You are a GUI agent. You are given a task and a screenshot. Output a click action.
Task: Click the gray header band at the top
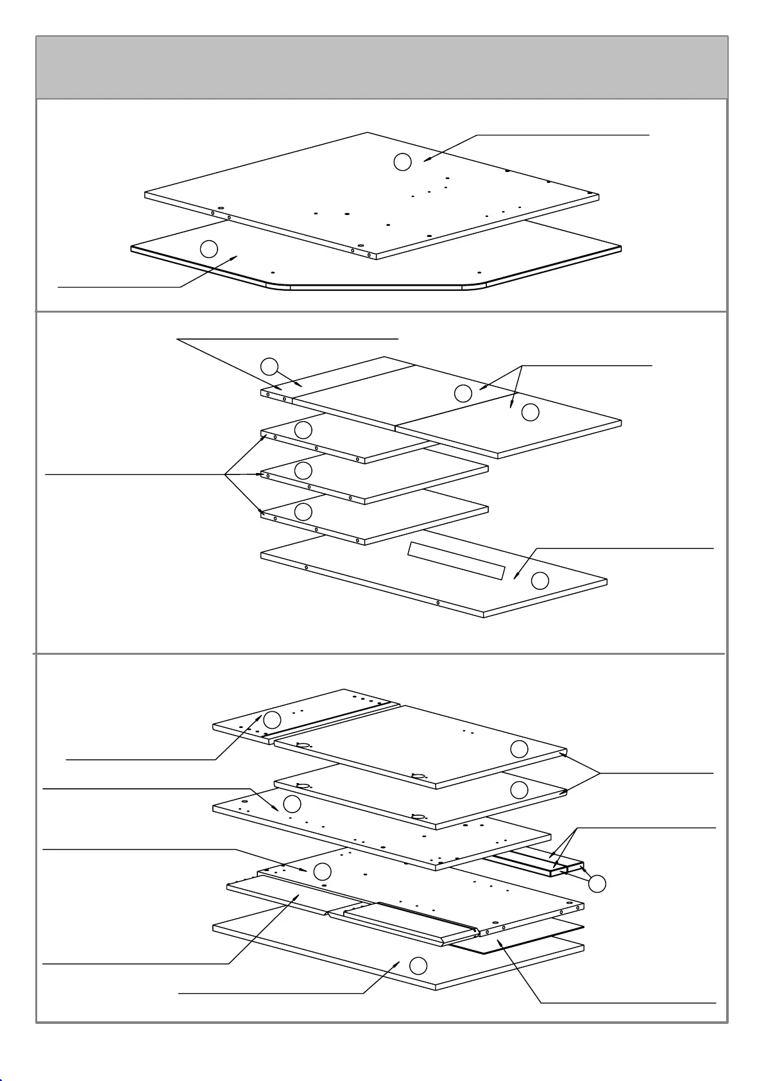pos(382,67)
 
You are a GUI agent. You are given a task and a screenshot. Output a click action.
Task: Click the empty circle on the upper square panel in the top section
pos(402,162)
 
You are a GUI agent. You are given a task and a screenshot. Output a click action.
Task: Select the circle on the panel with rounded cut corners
pos(209,248)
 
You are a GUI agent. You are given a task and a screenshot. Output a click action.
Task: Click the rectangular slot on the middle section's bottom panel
pos(456,560)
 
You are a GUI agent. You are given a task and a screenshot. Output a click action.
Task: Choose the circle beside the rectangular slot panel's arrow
pos(540,581)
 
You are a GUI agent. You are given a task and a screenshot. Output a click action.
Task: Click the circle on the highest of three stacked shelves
pos(303,429)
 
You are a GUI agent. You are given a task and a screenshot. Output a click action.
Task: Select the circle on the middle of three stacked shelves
pos(303,471)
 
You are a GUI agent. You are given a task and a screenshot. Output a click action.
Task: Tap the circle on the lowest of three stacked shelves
pos(303,512)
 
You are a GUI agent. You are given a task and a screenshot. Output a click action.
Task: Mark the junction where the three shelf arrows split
pos(225,475)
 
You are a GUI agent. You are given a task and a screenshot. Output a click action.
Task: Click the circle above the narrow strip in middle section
pos(269,367)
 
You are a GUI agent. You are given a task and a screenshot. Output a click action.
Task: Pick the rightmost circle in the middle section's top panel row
pos(531,412)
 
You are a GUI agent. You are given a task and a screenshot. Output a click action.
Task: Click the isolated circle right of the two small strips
pos(597,883)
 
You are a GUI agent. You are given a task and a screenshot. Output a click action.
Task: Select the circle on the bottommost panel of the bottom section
pos(418,965)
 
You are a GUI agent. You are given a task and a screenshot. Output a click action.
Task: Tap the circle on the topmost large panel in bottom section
pos(519,748)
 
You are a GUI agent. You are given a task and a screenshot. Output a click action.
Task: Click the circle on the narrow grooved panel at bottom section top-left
pos(273,720)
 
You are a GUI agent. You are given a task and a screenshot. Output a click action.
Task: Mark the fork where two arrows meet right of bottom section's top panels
pos(600,774)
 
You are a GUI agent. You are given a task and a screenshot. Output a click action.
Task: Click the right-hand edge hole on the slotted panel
pos(437,603)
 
